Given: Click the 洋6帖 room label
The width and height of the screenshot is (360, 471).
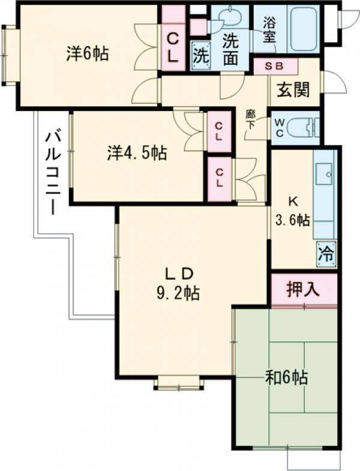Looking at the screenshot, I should pyautogui.click(x=88, y=54).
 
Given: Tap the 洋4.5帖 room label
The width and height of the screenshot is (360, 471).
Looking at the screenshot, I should pyautogui.click(x=137, y=153).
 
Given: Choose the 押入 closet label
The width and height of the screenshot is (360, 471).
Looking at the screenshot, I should pyautogui.click(x=302, y=290).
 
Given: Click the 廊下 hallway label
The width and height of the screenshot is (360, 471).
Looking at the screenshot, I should pyautogui.click(x=251, y=119).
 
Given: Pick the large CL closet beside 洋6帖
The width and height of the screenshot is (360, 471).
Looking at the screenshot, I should pyautogui.click(x=172, y=49).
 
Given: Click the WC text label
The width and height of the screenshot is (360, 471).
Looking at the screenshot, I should pyautogui.click(x=280, y=127).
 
